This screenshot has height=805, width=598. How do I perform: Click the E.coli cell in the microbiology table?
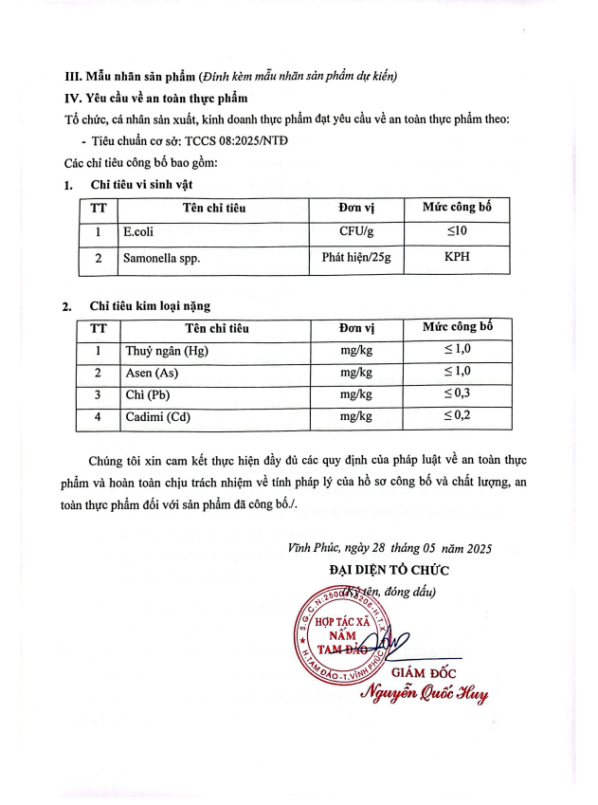point(139,232)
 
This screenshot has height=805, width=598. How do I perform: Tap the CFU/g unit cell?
point(357,232)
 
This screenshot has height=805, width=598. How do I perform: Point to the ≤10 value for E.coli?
point(457,232)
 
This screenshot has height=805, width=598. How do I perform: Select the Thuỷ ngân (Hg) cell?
point(167,353)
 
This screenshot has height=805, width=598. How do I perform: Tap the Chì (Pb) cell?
point(149,394)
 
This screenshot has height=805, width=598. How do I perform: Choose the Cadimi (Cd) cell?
point(156,415)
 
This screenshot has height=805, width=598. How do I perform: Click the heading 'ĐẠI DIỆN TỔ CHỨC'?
point(389,570)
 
